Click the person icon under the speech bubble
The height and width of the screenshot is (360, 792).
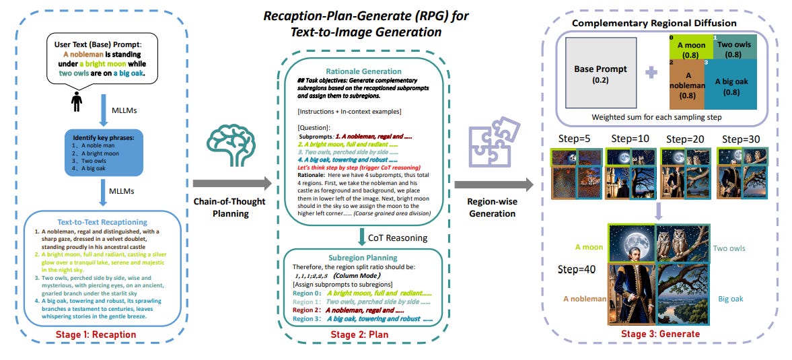click(77, 102)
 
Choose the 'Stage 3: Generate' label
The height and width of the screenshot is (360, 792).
click(661, 333)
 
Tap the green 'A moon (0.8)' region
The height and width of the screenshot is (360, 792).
click(688, 48)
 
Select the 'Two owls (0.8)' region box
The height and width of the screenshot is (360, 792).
click(734, 48)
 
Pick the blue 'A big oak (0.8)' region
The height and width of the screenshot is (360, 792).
click(731, 84)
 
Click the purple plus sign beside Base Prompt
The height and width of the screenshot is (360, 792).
click(651, 73)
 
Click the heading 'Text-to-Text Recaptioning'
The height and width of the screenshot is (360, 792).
click(102, 221)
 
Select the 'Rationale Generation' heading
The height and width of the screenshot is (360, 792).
click(364, 71)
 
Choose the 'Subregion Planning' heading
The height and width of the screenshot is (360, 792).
click(363, 258)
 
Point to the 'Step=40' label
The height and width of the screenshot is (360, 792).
click(576, 268)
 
